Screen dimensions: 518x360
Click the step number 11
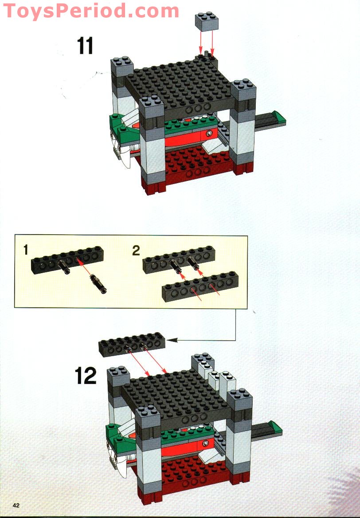click(86, 46)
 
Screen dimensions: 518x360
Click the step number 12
click(86, 376)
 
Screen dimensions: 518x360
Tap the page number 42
click(16, 506)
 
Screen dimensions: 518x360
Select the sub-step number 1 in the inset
click(26, 251)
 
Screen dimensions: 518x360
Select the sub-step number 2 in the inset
click(136, 251)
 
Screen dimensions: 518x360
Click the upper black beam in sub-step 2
click(179, 259)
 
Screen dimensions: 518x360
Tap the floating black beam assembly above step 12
click(132, 345)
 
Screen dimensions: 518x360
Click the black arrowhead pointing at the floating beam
click(174, 340)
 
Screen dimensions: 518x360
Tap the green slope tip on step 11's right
click(279, 118)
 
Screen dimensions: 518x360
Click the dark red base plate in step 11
click(191, 164)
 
